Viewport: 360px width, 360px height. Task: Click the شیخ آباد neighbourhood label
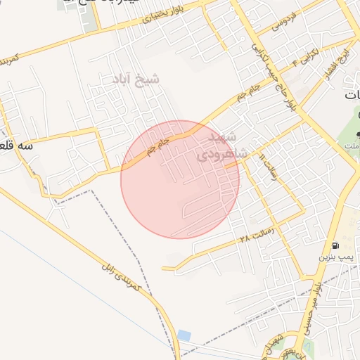134,79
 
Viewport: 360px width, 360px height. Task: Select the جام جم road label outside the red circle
250,91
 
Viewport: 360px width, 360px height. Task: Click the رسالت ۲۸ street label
255,233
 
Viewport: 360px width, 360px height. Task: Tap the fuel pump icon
335,246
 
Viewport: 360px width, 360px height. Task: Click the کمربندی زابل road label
122,276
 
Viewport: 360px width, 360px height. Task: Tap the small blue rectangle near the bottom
184,335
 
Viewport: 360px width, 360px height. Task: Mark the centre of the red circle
180,180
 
